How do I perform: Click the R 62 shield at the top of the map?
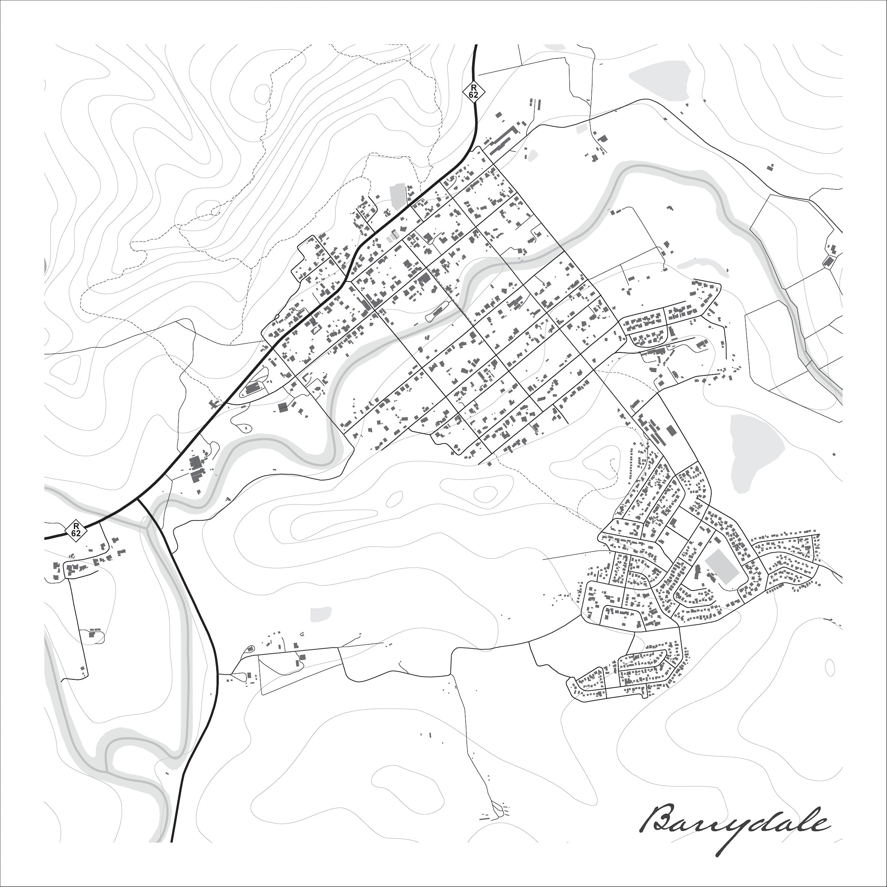point(473,91)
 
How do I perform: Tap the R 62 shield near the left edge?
point(76,529)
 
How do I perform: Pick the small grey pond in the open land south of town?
point(321,614)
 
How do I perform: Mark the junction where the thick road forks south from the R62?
point(138,498)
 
